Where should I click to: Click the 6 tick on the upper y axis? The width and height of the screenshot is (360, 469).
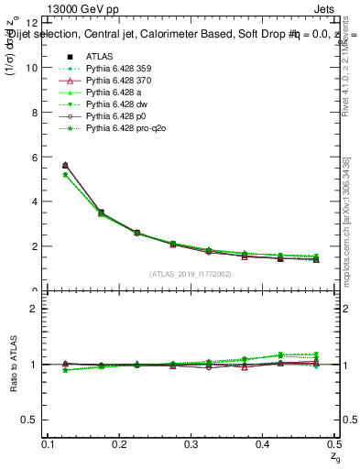[x=34, y=157]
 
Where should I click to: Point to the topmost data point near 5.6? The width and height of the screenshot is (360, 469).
[x=65, y=166]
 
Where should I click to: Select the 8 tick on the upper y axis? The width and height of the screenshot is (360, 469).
[x=34, y=112]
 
